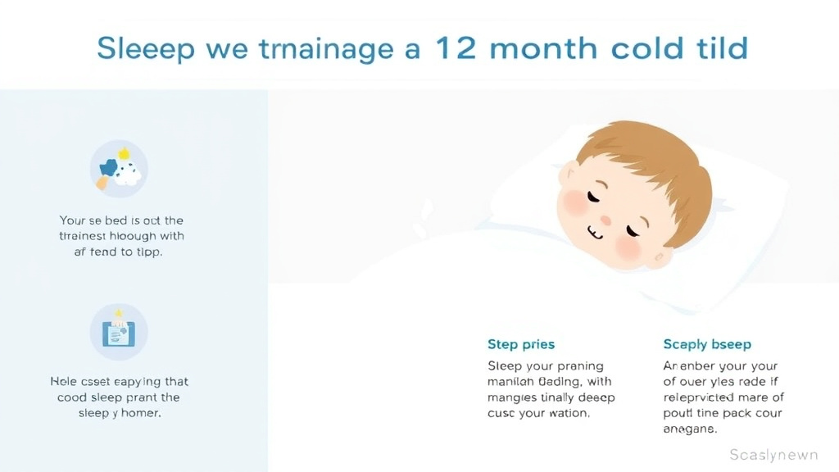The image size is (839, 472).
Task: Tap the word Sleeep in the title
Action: tap(146, 49)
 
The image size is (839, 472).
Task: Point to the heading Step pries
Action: tap(521, 344)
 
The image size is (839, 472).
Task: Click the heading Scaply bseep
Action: tap(707, 344)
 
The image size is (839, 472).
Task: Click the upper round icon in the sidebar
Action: tap(119, 169)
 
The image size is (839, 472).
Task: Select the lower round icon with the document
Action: tap(119, 331)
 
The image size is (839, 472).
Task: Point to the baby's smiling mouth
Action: tap(596, 234)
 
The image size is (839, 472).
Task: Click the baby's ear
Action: tap(662, 256)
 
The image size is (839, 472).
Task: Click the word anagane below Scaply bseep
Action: tap(689, 429)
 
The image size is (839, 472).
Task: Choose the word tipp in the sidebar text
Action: tap(147, 252)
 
